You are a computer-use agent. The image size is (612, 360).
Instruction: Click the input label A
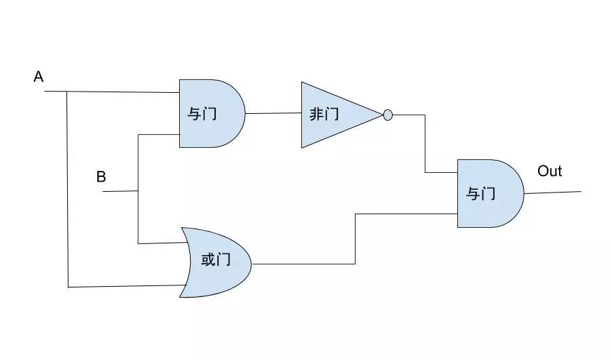click(x=39, y=77)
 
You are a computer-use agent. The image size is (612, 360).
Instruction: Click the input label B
click(x=101, y=177)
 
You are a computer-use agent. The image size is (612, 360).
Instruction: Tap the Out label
click(x=550, y=171)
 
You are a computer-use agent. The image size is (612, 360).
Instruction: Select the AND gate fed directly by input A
click(x=210, y=113)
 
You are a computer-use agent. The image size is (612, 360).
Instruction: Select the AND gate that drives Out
click(x=489, y=193)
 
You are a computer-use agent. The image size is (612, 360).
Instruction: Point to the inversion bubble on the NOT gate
click(x=388, y=115)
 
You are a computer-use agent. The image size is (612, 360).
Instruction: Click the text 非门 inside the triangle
click(x=324, y=115)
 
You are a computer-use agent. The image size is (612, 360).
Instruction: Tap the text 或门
click(x=216, y=260)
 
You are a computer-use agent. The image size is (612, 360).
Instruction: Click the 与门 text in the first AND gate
click(x=202, y=113)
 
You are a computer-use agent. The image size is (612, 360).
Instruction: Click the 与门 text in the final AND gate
click(x=480, y=194)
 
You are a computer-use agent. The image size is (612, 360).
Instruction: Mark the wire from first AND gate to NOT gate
click(x=273, y=113)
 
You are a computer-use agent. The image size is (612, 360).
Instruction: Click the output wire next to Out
click(x=553, y=193)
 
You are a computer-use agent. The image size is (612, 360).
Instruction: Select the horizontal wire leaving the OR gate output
click(x=303, y=264)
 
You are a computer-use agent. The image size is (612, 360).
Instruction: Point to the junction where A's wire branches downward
click(x=66, y=91)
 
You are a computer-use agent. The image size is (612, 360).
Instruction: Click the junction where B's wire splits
click(x=138, y=191)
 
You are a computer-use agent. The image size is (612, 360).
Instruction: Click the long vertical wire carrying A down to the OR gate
click(x=67, y=190)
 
